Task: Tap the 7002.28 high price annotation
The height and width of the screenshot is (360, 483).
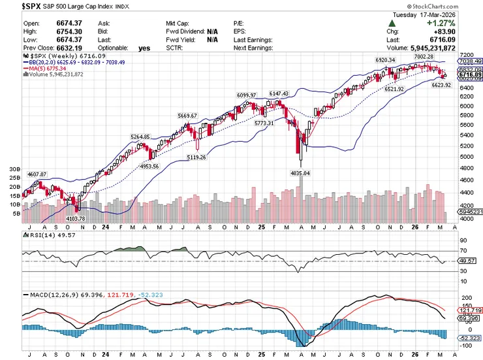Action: click(424, 57)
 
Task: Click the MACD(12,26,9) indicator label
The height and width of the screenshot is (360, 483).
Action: click(54, 295)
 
